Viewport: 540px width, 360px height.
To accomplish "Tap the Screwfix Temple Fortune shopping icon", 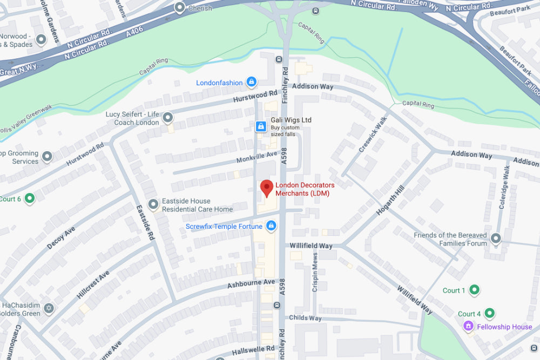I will [272, 226].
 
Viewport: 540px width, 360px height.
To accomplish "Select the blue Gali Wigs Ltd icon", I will [260, 126].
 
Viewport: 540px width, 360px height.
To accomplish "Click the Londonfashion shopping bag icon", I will [251, 82].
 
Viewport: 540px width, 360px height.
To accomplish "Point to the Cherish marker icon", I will [180, 8].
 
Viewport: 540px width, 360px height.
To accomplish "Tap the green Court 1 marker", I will [474, 290].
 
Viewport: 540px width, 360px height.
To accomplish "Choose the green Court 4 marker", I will [489, 313].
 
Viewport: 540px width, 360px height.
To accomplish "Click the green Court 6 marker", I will [30, 199].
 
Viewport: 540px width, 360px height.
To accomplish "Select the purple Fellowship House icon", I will [468, 327].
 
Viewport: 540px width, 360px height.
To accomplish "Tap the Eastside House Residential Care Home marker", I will [154, 205].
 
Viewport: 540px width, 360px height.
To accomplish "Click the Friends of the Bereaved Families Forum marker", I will [495, 239].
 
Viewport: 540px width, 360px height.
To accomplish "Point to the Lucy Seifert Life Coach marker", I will [168, 117].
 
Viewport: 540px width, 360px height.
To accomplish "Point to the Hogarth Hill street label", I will [390, 200].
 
